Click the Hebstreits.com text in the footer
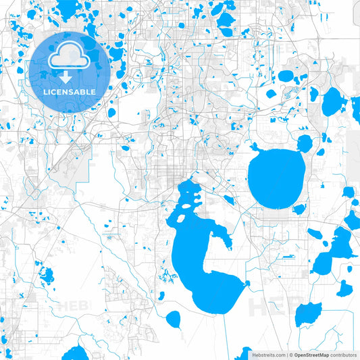(266, 354)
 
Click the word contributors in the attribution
(343, 354)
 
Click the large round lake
(276, 178)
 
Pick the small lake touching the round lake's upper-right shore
(305, 143)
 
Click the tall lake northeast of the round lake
(332, 102)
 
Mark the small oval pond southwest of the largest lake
(174, 318)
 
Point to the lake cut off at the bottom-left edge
(76, 353)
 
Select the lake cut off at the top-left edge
(68, 9)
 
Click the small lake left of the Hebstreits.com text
(247, 353)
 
